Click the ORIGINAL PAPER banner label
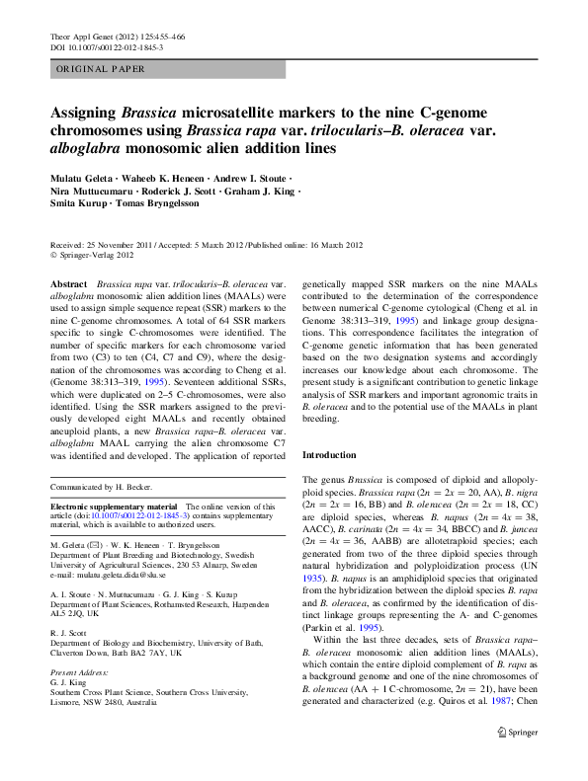pyautogui.click(x=101, y=69)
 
